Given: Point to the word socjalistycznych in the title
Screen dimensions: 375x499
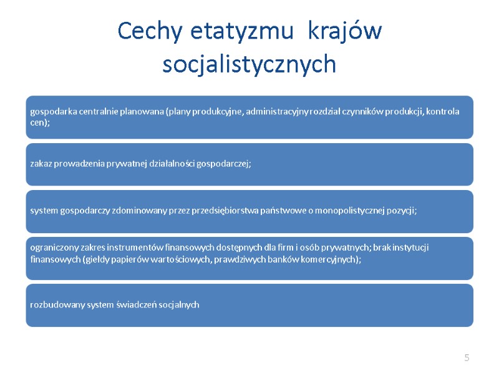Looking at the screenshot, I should [x=249, y=64].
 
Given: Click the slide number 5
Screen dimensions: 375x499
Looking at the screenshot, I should [x=466, y=357].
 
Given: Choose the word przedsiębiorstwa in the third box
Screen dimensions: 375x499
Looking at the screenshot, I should [x=241, y=211].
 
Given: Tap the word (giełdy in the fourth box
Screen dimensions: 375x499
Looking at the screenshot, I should [x=95, y=259].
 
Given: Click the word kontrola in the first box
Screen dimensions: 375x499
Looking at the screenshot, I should [x=443, y=112].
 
